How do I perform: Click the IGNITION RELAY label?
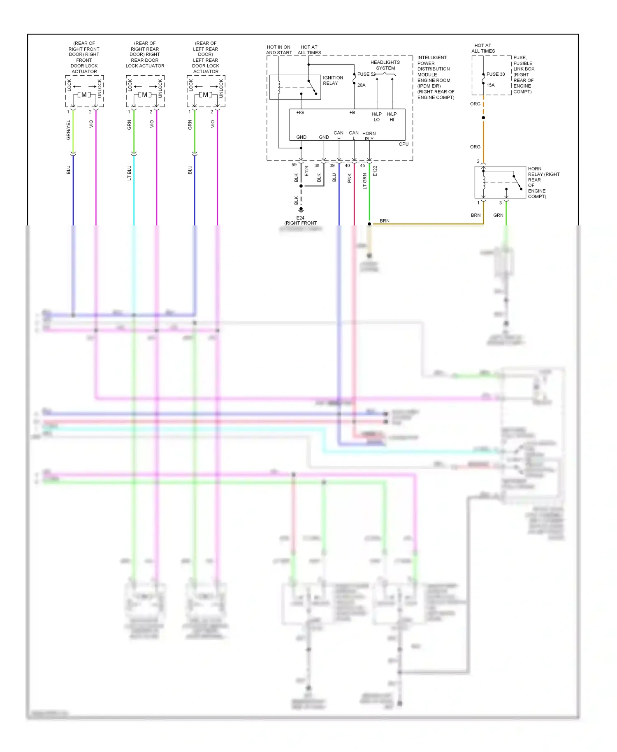333,80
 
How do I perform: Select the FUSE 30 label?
495,74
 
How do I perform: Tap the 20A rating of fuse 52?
361,85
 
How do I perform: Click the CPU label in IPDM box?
404,144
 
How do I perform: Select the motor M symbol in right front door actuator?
84,95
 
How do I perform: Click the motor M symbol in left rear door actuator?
205,95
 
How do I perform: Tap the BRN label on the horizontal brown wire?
384,221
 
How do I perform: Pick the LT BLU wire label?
129,173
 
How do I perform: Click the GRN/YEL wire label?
69,130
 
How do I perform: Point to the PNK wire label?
349,178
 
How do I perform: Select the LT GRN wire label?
364,181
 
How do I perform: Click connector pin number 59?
294,165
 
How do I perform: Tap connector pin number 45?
362,165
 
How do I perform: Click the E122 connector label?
375,171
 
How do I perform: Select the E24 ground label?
300,218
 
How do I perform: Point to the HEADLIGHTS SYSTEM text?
385,65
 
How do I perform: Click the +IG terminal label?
300,112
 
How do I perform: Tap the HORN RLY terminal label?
369,136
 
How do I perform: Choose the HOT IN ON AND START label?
278,50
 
